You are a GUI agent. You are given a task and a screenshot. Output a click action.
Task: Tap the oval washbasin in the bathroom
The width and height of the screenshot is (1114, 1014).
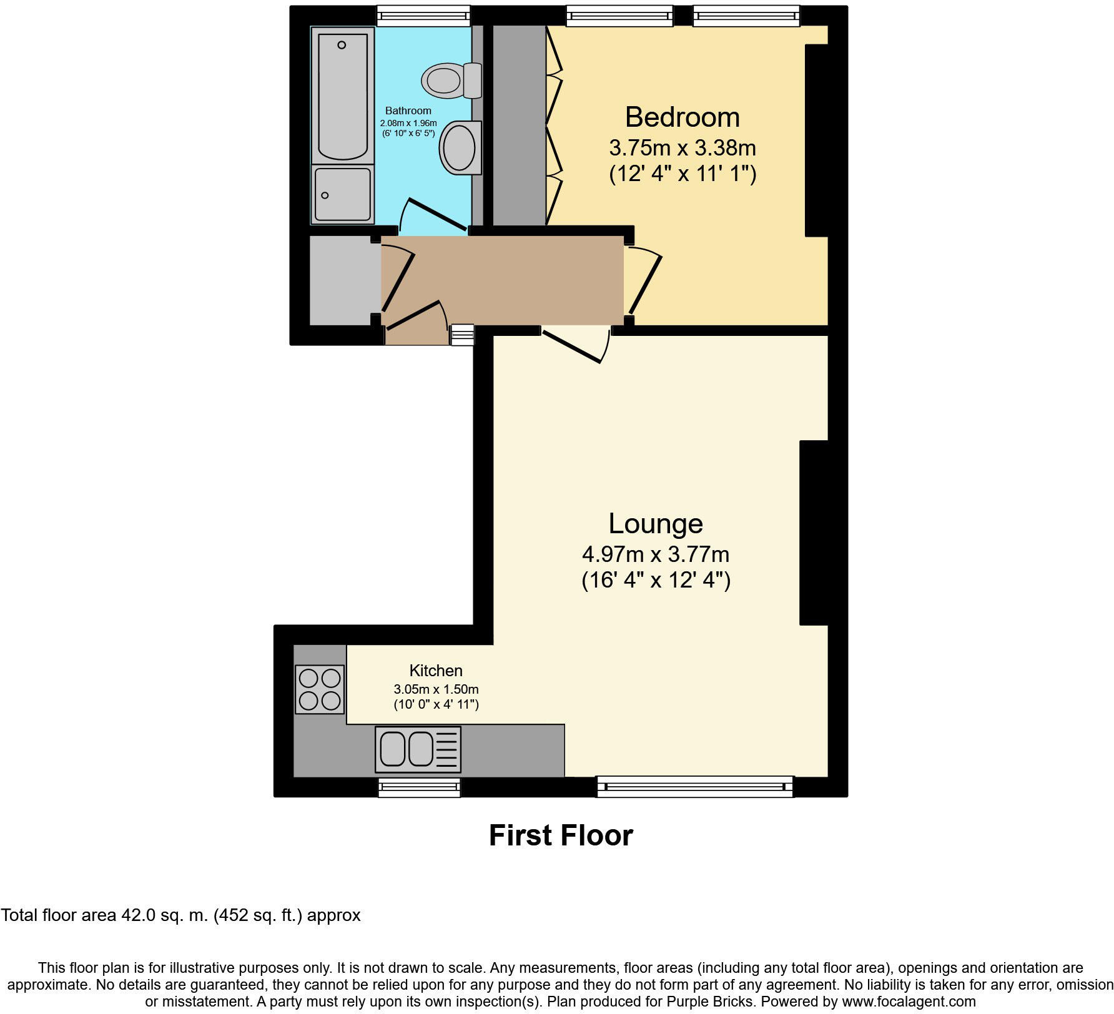tap(460, 149)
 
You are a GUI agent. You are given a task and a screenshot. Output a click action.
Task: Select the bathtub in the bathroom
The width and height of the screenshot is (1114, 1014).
tap(342, 97)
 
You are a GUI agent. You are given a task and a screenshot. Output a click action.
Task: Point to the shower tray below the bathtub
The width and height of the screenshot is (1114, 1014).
tap(342, 194)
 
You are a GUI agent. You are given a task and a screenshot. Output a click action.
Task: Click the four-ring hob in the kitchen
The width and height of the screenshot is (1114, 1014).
tap(320, 689)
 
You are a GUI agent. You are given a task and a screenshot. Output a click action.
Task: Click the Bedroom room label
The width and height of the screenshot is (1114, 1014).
tap(682, 117)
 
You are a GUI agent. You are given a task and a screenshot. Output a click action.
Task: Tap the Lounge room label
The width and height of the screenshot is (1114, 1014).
tap(656, 523)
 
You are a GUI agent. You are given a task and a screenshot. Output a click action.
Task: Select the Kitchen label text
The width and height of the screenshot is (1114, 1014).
tap(436, 671)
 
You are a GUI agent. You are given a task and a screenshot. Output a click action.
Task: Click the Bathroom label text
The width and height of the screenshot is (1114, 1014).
tap(408, 111)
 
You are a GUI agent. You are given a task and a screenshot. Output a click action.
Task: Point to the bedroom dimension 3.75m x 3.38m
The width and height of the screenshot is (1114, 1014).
tap(682, 148)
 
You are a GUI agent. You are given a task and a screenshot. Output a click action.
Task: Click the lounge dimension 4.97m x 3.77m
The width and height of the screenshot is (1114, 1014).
tap(656, 554)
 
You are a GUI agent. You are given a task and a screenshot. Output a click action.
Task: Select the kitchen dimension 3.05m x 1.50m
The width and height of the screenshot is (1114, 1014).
tap(436, 689)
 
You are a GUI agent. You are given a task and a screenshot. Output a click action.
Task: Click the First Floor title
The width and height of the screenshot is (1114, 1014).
tap(561, 835)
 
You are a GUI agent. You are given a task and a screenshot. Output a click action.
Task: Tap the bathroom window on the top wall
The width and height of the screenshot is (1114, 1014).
tap(423, 16)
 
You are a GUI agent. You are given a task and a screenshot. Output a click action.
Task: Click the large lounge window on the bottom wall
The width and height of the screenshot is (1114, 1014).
tap(695, 787)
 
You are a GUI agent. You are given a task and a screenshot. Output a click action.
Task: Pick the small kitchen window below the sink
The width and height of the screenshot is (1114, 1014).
tap(419, 787)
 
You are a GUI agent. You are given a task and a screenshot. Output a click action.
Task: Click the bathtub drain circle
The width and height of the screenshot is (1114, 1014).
tap(342, 45)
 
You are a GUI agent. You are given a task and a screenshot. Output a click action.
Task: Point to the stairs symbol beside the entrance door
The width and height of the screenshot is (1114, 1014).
tap(462, 335)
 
